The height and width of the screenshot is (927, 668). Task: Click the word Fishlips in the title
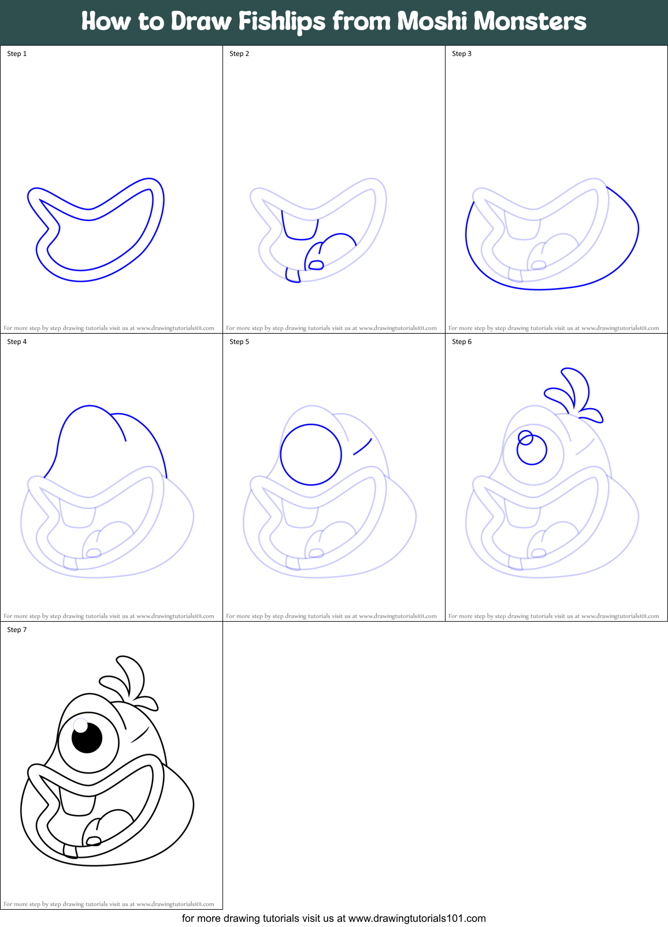[282, 22]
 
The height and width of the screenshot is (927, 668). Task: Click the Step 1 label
[17, 54]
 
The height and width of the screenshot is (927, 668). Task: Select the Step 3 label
[462, 54]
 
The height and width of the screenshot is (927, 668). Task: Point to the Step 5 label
[239, 342]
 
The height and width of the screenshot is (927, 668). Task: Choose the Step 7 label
[17, 630]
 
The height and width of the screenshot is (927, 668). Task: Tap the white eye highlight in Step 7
[80, 725]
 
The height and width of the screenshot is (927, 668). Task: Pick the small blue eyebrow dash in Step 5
[362, 447]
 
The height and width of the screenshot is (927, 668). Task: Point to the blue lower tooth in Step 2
[292, 276]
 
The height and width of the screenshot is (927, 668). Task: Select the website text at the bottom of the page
[334, 918]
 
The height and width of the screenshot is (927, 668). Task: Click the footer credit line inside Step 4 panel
[109, 616]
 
